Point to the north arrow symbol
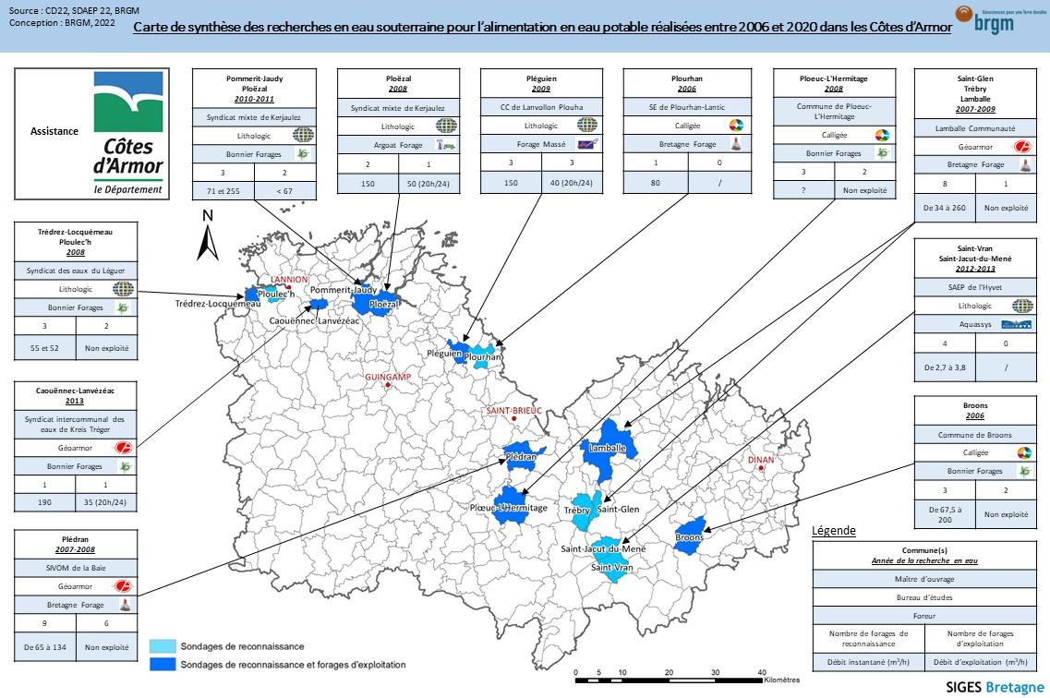[209, 238]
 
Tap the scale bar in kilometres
[669, 680]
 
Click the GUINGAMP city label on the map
[388, 378]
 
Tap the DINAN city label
[761, 459]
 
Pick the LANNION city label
[289, 280]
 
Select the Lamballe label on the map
[608, 448]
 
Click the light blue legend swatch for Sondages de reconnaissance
[163, 647]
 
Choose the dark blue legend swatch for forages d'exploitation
[163, 664]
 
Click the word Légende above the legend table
[833, 531]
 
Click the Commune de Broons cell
[974, 435]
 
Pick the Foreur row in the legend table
[923, 615]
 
